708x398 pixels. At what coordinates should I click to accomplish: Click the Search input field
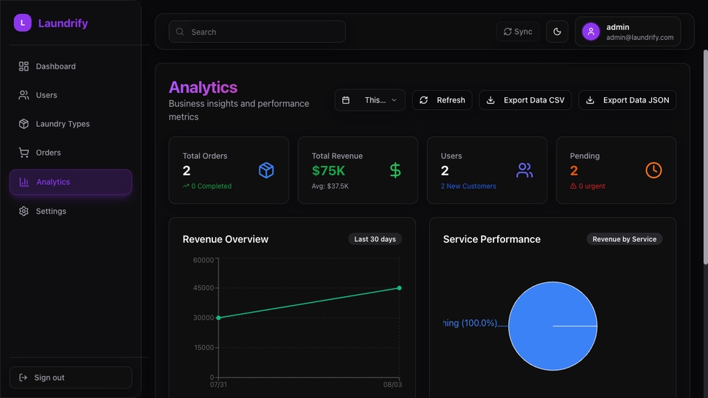(257, 32)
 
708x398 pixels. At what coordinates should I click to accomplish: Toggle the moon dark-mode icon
(558, 32)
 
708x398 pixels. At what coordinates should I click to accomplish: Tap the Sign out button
(71, 377)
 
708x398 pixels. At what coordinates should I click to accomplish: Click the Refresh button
(442, 100)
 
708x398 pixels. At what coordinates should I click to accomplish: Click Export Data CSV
(525, 100)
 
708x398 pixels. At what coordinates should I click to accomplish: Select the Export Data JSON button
(627, 100)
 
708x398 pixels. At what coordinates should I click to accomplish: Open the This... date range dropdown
(369, 100)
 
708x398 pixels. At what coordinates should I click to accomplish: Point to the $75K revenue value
(328, 170)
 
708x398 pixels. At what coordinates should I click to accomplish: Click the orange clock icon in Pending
(653, 170)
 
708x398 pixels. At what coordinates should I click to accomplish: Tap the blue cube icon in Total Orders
(266, 170)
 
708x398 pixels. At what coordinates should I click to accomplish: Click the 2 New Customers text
(468, 186)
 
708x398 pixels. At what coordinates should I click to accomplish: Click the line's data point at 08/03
(399, 288)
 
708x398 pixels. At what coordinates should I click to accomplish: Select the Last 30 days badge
(375, 239)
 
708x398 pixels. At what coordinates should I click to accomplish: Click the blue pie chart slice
(552, 326)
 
